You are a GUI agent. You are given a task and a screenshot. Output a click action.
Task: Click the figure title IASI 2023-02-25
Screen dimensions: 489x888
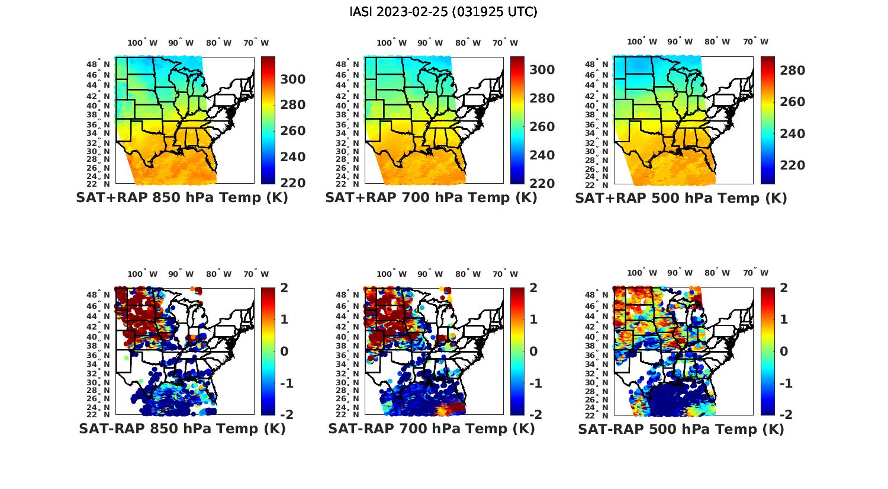[x=443, y=12]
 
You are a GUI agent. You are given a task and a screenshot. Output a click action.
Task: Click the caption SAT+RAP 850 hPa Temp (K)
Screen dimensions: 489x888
[x=182, y=198]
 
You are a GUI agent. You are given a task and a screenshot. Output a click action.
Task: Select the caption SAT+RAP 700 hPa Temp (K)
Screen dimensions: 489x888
[x=431, y=198]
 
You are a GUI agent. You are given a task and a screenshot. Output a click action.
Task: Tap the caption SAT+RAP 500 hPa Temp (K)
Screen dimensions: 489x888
[x=681, y=198]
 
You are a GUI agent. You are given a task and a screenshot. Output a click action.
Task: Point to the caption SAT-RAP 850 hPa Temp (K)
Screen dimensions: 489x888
[x=182, y=429]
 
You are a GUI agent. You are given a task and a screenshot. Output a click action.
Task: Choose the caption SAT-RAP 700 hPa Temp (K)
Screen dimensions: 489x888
[x=431, y=429]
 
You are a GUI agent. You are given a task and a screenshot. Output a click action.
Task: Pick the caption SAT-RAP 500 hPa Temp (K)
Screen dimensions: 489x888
[x=681, y=429]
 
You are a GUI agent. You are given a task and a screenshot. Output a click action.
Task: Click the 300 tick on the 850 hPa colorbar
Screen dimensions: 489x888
[x=293, y=79]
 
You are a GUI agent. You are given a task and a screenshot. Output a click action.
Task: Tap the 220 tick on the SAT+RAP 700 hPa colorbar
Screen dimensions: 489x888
[x=542, y=183]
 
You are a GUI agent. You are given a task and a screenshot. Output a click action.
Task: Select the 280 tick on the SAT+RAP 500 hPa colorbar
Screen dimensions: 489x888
[x=792, y=71]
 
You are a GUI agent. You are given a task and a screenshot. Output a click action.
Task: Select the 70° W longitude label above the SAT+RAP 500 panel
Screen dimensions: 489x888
[x=756, y=41]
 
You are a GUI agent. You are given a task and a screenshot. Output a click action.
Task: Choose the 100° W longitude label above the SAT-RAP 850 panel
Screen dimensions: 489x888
[x=143, y=274]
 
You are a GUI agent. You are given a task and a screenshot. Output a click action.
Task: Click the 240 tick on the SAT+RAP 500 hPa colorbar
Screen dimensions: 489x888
[x=792, y=134]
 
